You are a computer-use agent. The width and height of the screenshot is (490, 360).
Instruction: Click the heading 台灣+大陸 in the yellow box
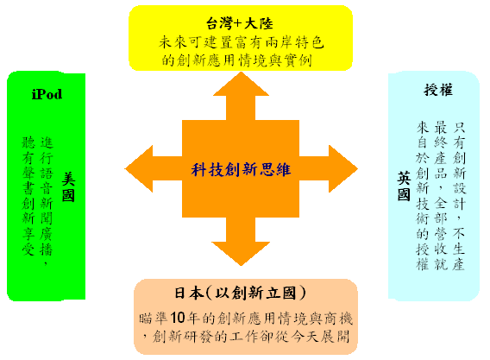click(239, 23)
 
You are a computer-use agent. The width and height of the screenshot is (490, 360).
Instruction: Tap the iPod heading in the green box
click(47, 94)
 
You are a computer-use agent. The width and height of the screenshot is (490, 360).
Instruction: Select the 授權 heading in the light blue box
click(438, 90)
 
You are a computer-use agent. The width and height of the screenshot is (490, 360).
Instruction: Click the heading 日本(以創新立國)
click(240, 293)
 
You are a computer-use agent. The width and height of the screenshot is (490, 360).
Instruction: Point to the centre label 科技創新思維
click(241, 170)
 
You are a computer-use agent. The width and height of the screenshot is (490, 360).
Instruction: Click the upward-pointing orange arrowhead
click(241, 84)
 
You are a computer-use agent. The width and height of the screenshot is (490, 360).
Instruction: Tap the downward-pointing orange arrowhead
click(241, 254)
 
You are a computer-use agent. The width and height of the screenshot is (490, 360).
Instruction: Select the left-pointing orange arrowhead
click(139, 169)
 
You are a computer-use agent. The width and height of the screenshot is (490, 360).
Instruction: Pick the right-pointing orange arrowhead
click(343, 169)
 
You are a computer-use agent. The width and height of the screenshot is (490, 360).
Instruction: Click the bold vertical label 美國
click(68, 187)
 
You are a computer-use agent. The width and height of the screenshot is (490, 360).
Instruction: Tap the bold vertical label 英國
click(404, 186)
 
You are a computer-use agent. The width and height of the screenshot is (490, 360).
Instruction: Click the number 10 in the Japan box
click(178, 318)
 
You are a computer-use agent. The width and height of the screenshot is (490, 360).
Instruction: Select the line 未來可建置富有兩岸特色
click(241, 42)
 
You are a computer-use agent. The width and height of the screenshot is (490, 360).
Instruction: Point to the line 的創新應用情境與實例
click(237, 60)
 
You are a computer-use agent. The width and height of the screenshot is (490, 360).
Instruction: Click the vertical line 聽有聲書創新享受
click(28, 196)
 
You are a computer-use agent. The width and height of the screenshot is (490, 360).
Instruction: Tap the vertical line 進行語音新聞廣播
click(47, 201)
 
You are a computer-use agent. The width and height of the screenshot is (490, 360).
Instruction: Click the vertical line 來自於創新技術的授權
click(422, 195)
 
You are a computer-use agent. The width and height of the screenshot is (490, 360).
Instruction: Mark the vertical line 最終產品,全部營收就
click(441, 195)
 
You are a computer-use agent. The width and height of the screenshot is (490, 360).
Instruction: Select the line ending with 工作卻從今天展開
click(246, 337)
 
